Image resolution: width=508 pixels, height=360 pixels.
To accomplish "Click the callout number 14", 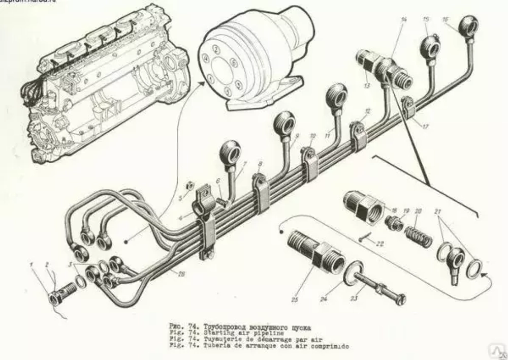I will point(404,20).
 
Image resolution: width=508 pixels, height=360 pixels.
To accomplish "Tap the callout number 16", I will point(446,20).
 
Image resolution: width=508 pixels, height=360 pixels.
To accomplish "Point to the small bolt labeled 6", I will point(221,201).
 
